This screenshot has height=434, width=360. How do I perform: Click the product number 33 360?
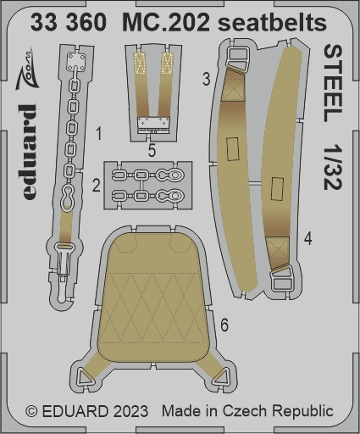tap(69, 22)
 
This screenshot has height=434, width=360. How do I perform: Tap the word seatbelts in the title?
tap(273, 22)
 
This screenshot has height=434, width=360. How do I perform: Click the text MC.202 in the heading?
tap(166, 22)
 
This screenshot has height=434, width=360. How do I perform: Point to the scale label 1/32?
tap(333, 168)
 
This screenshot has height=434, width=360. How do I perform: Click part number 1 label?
tap(98, 134)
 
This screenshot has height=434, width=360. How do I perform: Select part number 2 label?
tap(97, 186)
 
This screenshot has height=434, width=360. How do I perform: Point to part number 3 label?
tap(207, 79)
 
